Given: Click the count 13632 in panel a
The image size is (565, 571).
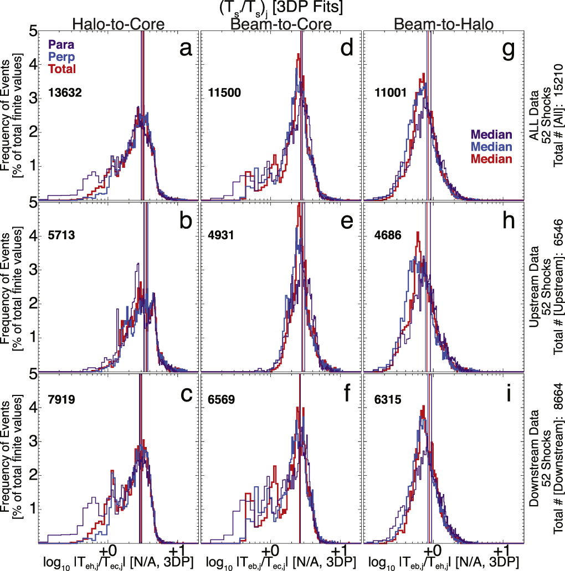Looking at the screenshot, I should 65,93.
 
